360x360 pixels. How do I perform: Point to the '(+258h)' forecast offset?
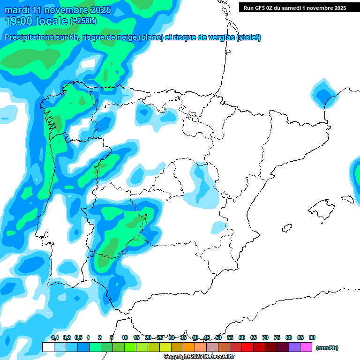coord(83,21)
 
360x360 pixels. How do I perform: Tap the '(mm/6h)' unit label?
coord(327,348)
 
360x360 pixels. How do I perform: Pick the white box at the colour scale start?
coord(48,347)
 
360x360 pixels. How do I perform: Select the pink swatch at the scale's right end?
coord(306,347)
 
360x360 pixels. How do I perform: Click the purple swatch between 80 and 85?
coord(294,347)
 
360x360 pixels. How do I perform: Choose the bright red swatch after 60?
coord(247,347)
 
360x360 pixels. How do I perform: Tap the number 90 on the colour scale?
coord(312,337)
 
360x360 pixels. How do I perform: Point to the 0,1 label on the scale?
coord(54,337)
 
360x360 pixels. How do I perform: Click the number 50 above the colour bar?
coord(218,337)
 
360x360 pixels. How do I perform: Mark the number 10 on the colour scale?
coord(125,337)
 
